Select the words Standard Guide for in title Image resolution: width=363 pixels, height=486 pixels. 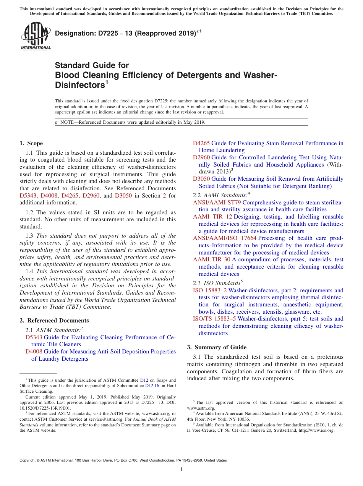pyautogui.click(x=92, y=65)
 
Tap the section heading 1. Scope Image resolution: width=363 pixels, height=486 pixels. pyautogui.click(x=31, y=143)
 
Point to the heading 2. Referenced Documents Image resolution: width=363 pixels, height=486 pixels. pyautogui.click(x=54, y=321)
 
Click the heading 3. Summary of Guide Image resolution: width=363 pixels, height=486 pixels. pyautogui.click(x=217, y=347)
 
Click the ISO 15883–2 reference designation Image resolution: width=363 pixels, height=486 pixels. pyautogui.click(x=210, y=290)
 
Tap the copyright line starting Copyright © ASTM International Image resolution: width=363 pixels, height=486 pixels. pyautogui.click(x=123, y=460)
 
